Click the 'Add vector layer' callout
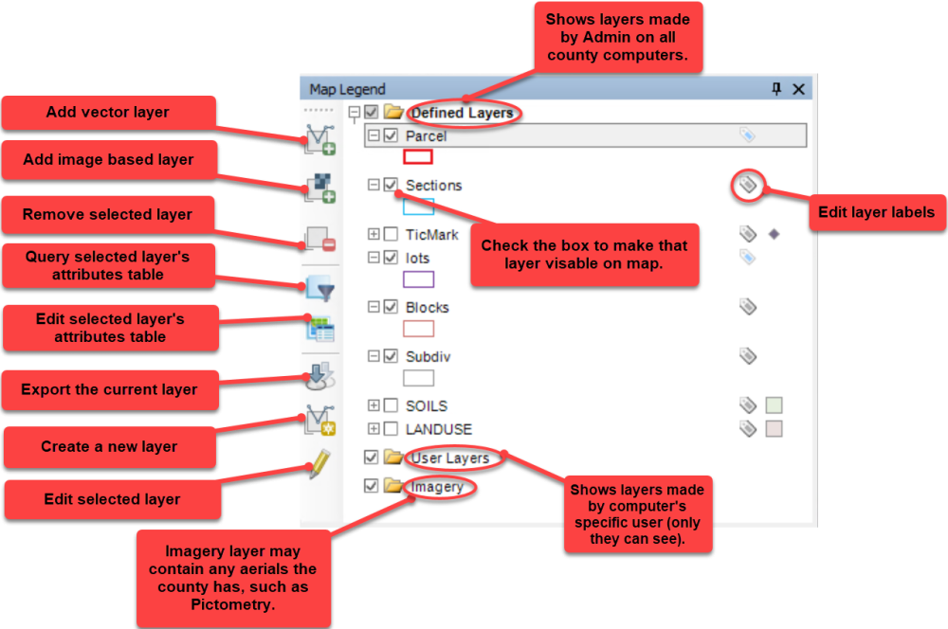click(108, 113)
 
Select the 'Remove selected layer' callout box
click(108, 215)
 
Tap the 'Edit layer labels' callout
click(877, 212)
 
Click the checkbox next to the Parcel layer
click(392, 136)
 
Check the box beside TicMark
click(392, 234)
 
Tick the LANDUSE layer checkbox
click(392, 429)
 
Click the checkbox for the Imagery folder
click(371, 487)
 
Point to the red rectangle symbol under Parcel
click(418, 157)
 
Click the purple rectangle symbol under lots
click(418, 279)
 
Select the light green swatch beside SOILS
click(774, 405)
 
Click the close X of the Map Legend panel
click(798, 89)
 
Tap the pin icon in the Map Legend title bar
click(776, 89)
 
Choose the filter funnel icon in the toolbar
click(320, 290)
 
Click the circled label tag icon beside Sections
click(748, 185)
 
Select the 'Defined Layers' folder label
click(462, 113)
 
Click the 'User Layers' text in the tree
click(449, 458)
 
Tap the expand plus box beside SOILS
click(374, 405)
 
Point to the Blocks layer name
click(428, 307)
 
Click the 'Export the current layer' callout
click(109, 389)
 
